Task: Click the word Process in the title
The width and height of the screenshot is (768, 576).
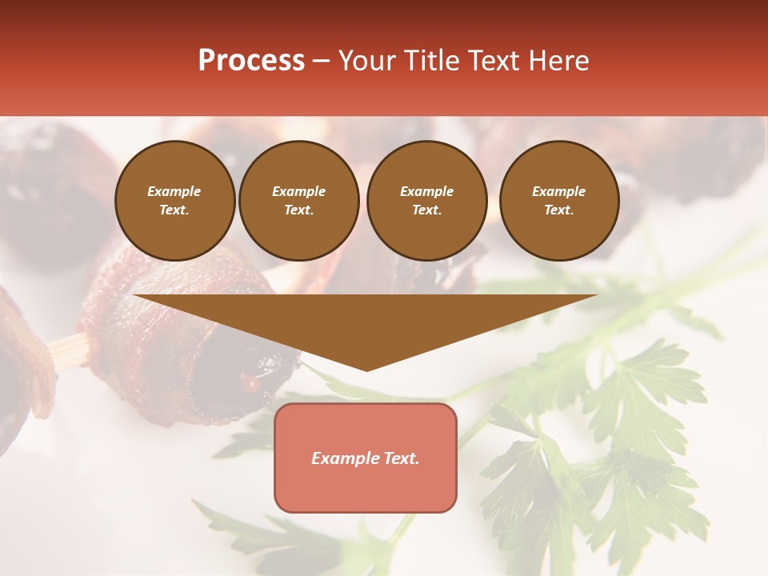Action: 251,61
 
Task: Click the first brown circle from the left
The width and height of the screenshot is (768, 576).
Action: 174,200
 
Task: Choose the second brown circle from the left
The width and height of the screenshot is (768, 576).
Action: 299,200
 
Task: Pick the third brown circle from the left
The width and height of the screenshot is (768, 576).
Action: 426,200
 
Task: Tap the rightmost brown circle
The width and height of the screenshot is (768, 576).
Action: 558,200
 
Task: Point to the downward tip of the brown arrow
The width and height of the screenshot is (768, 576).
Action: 366,369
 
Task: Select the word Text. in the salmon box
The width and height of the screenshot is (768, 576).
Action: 401,458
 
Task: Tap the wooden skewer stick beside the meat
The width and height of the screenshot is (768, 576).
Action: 68,350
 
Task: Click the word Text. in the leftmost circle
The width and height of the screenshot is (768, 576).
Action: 174,210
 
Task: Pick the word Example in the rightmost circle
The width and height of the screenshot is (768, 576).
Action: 558,191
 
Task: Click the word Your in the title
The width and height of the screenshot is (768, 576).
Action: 366,61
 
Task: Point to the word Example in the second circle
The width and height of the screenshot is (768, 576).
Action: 299,191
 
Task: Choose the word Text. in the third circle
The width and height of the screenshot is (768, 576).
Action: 426,210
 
